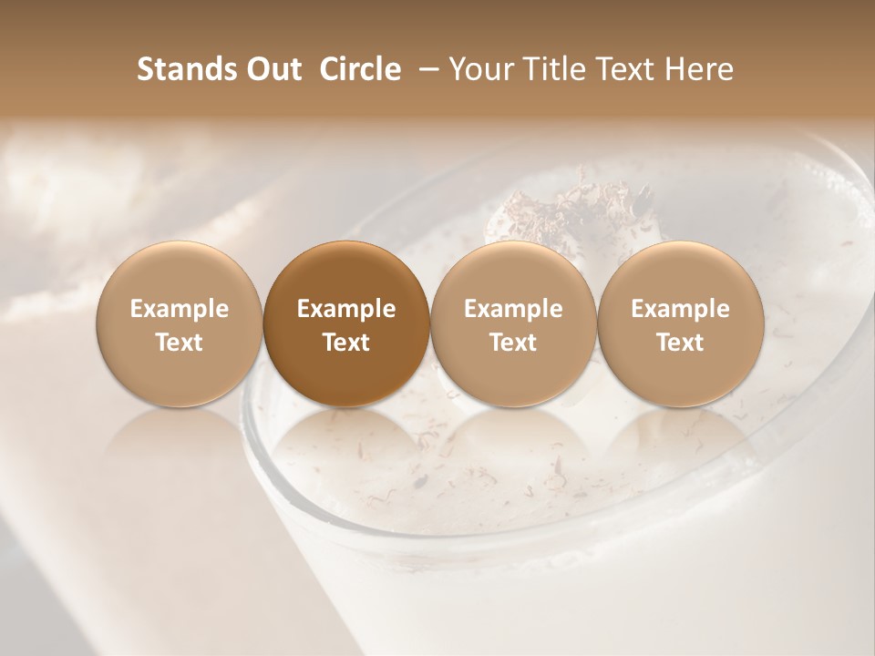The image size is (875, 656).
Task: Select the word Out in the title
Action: (273, 69)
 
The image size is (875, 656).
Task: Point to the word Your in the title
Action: (480, 69)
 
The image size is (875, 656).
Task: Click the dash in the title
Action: (426, 69)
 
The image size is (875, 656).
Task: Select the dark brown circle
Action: (346, 323)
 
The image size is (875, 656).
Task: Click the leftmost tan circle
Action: (180, 323)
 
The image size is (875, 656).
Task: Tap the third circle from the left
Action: (513, 323)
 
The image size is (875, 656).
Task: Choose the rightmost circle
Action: (680, 323)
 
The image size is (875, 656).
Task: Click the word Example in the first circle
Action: (180, 309)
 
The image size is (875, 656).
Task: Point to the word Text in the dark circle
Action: (346, 343)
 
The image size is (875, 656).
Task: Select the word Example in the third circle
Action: (513, 309)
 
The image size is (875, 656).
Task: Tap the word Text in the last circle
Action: (680, 343)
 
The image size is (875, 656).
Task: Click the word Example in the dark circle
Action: (346, 309)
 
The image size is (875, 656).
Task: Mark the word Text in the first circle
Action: (180, 343)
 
